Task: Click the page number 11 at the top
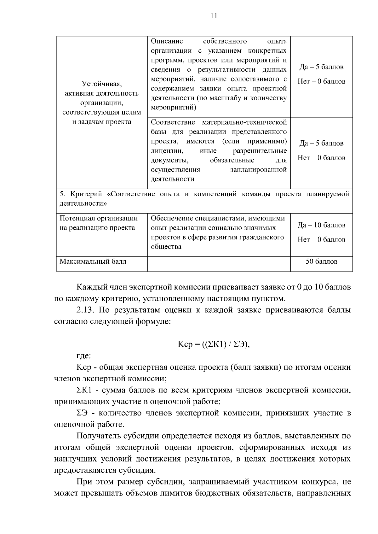pos(214,16)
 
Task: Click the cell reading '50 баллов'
pos(321,261)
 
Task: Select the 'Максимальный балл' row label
pos(93,261)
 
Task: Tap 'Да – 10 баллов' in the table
pos(321,225)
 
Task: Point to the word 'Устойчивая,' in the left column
pos(101,84)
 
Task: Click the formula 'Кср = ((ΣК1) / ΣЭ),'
pos(214,344)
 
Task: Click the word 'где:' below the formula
pos(84,356)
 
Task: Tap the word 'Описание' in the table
pos(167,41)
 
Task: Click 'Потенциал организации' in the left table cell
pos(99,218)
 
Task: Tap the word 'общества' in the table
pos(166,247)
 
